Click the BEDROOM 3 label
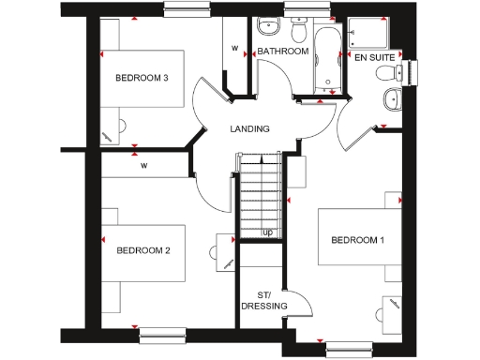pyautogui.click(x=142, y=78)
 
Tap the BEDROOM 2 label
pyautogui.click(x=142, y=250)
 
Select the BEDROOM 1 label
pyautogui.click(x=357, y=240)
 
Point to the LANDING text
pyautogui.click(x=250, y=129)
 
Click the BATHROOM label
pyautogui.click(x=283, y=52)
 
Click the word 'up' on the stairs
pyautogui.click(x=267, y=232)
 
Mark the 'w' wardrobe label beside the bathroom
pyautogui.click(x=234, y=47)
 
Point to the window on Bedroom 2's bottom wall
pyautogui.click(x=163, y=331)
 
